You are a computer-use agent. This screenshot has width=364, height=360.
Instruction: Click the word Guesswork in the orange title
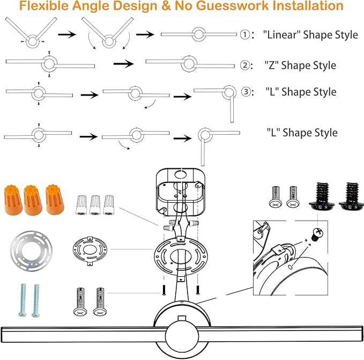(x=232, y=6)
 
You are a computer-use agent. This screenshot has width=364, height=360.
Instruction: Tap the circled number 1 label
(x=245, y=35)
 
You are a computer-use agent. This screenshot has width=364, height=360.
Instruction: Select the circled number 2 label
(x=245, y=65)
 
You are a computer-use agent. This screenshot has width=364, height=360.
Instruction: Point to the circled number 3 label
(x=246, y=92)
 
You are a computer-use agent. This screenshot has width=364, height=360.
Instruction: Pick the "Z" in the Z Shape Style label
(x=271, y=65)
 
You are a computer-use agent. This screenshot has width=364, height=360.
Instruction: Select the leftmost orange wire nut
(x=13, y=200)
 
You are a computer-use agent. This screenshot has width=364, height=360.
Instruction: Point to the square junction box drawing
(x=180, y=192)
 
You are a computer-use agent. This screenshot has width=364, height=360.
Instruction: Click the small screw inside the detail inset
(x=317, y=234)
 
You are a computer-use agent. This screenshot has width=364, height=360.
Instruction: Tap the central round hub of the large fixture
(x=182, y=336)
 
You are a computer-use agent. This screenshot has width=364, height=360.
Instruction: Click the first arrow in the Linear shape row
(x=67, y=35)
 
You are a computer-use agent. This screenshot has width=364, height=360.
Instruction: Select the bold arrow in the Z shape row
(x=123, y=64)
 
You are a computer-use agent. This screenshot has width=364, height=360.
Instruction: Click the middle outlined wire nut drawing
(x=95, y=205)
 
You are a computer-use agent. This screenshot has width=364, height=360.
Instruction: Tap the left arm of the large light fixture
(x=84, y=334)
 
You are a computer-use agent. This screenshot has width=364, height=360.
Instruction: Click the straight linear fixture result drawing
(x=199, y=34)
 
